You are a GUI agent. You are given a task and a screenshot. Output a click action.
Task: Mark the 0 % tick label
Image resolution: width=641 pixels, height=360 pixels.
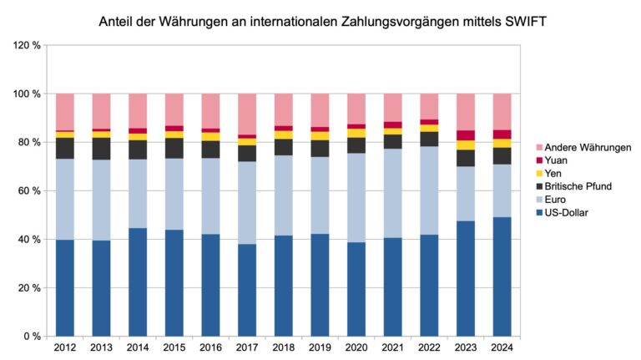pos(31,336)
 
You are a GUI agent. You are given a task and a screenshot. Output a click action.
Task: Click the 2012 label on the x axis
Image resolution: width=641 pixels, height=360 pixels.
pos(64,347)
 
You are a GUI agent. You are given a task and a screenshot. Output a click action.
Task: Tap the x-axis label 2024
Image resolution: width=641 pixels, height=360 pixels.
pos(501,347)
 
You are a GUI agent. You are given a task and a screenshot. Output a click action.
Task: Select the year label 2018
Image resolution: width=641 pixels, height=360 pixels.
pos(283,347)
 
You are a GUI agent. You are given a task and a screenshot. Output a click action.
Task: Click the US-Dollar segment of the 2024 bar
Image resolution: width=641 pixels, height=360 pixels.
pos(501,276)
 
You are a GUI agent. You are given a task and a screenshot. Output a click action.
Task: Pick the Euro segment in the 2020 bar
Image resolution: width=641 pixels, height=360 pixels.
pos(356,198)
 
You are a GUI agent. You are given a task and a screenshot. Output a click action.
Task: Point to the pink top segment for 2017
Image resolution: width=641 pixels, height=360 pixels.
pos(246,114)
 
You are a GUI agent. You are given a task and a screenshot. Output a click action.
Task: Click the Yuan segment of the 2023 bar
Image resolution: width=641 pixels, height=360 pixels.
pos(465,135)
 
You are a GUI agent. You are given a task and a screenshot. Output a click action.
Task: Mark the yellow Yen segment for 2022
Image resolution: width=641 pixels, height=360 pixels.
pos(428,128)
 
